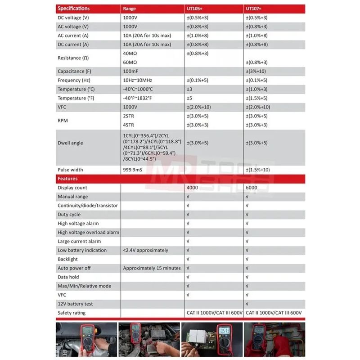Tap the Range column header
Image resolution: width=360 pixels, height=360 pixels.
[x=129, y=9]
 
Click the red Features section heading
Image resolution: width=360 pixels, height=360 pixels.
[x=68, y=179]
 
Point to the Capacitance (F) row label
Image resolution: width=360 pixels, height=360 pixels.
[x=74, y=71]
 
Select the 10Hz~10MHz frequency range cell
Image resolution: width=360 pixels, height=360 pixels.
[x=139, y=80]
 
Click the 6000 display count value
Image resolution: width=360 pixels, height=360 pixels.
[x=252, y=188]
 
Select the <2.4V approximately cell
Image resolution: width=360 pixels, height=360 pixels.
[x=145, y=250]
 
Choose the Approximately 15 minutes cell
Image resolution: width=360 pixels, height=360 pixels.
[x=152, y=268]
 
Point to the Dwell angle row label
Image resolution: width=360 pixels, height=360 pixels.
[x=70, y=143]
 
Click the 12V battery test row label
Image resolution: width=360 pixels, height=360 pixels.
[x=75, y=304]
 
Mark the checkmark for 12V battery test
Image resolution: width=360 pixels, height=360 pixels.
[x=247, y=304]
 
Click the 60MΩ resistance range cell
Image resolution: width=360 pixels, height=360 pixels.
[x=130, y=62]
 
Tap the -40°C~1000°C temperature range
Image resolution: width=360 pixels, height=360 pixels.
[x=138, y=89]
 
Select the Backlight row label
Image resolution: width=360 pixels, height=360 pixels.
[x=67, y=259]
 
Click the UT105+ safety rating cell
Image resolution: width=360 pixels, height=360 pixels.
[x=214, y=313]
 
